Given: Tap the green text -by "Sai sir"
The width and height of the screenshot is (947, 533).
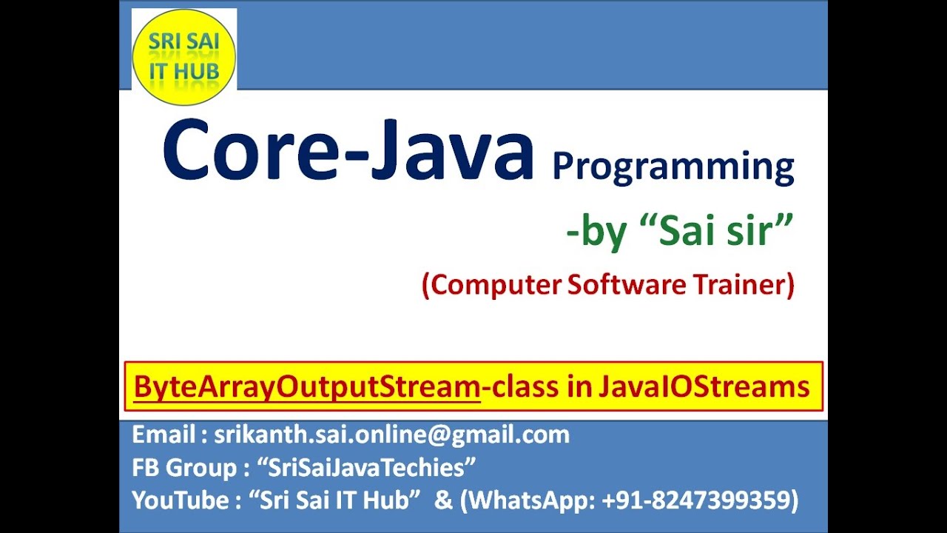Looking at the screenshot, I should pyautogui.click(x=679, y=233).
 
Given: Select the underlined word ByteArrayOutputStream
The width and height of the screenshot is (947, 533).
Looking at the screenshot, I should pyautogui.click(x=307, y=386).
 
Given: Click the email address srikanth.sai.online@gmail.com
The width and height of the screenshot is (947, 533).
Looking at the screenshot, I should pyautogui.click(x=392, y=435).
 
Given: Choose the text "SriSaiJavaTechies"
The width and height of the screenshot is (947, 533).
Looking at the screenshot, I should pyautogui.click(x=366, y=468).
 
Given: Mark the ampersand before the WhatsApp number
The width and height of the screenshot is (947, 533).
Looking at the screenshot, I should pyautogui.click(x=443, y=501).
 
